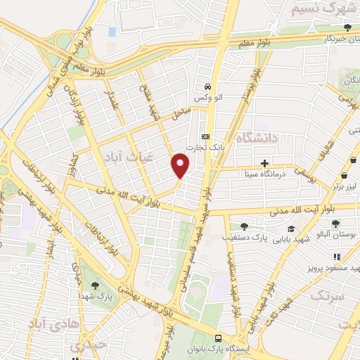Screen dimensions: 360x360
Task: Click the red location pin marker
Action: click(x=181, y=165)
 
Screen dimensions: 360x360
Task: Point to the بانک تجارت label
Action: click(x=206, y=148)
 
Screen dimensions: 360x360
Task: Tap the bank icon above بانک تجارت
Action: click(x=205, y=136)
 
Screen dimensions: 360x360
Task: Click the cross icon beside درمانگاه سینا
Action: click(x=264, y=163)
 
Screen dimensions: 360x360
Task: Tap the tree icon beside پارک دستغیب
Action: click(x=243, y=226)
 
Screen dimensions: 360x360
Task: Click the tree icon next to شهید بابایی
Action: click(x=291, y=229)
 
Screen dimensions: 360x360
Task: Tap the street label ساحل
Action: click(x=181, y=112)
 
